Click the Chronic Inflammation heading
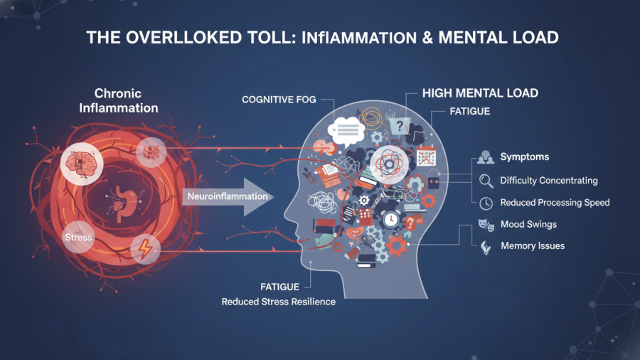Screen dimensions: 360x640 [x=118, y=101]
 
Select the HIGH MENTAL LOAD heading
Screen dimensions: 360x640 [x=480, y=93]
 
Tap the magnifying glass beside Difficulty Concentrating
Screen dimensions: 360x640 [x=486, y=181]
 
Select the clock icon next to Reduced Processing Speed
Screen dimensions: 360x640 [x=486, y=203]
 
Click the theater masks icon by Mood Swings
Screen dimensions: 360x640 [x=486, y=226]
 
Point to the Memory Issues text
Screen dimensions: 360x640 [x=533, y=246]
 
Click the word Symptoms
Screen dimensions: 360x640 [x=524, y=157]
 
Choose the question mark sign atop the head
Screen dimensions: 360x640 [x=399, y=125]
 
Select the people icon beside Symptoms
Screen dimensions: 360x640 [x=486, y=157]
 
